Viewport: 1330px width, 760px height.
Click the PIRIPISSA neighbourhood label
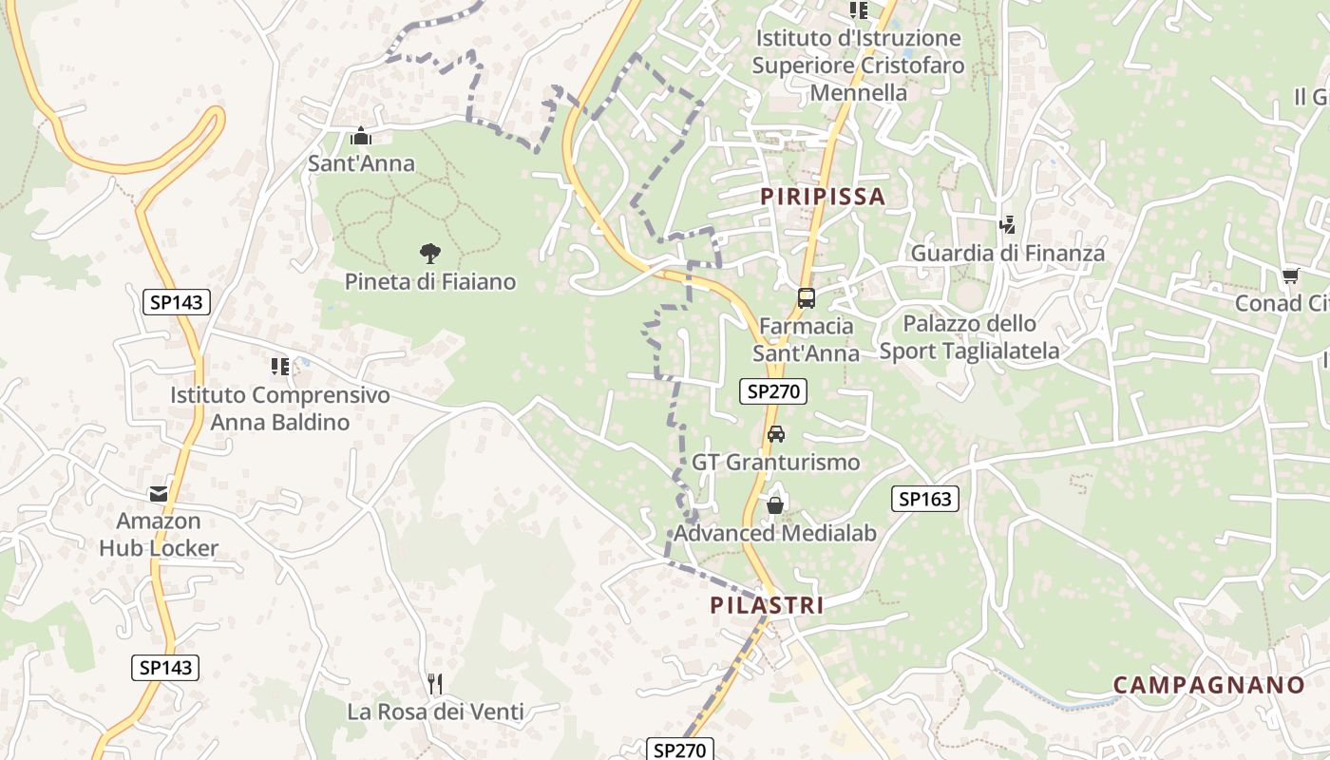pos(823,197)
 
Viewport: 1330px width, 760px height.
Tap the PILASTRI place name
pos(767,605)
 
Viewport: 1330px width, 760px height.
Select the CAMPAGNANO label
pos(1209,685)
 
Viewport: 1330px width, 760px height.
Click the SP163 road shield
pos(925,499)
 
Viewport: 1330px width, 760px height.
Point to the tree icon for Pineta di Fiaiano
pos(429,254)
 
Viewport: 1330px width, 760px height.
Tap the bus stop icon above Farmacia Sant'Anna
pos(806,298)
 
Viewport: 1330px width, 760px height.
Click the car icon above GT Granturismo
pos(775,434)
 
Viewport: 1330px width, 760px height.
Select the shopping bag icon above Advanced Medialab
pos(775,504)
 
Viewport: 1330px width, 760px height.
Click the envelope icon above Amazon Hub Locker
pos(159,494)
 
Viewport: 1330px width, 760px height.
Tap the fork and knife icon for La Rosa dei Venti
pos(435,684)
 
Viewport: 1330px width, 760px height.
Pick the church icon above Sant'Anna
pos(360,137)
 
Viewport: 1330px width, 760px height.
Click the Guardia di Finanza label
pos(1008,254)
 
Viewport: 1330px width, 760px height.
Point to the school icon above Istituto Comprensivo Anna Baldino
pos(279,366)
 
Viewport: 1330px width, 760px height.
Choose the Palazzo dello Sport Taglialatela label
pos(969,337)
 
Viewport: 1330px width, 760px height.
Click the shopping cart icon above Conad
pos(1290,275)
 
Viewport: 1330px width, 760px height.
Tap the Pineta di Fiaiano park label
pos(430,282)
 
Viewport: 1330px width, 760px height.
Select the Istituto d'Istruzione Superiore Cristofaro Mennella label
pos(858,66)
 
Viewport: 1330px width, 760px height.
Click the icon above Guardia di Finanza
pos(1007,226)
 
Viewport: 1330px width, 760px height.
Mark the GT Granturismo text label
pos(775,463)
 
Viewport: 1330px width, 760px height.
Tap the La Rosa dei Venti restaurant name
pos(435,712)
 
